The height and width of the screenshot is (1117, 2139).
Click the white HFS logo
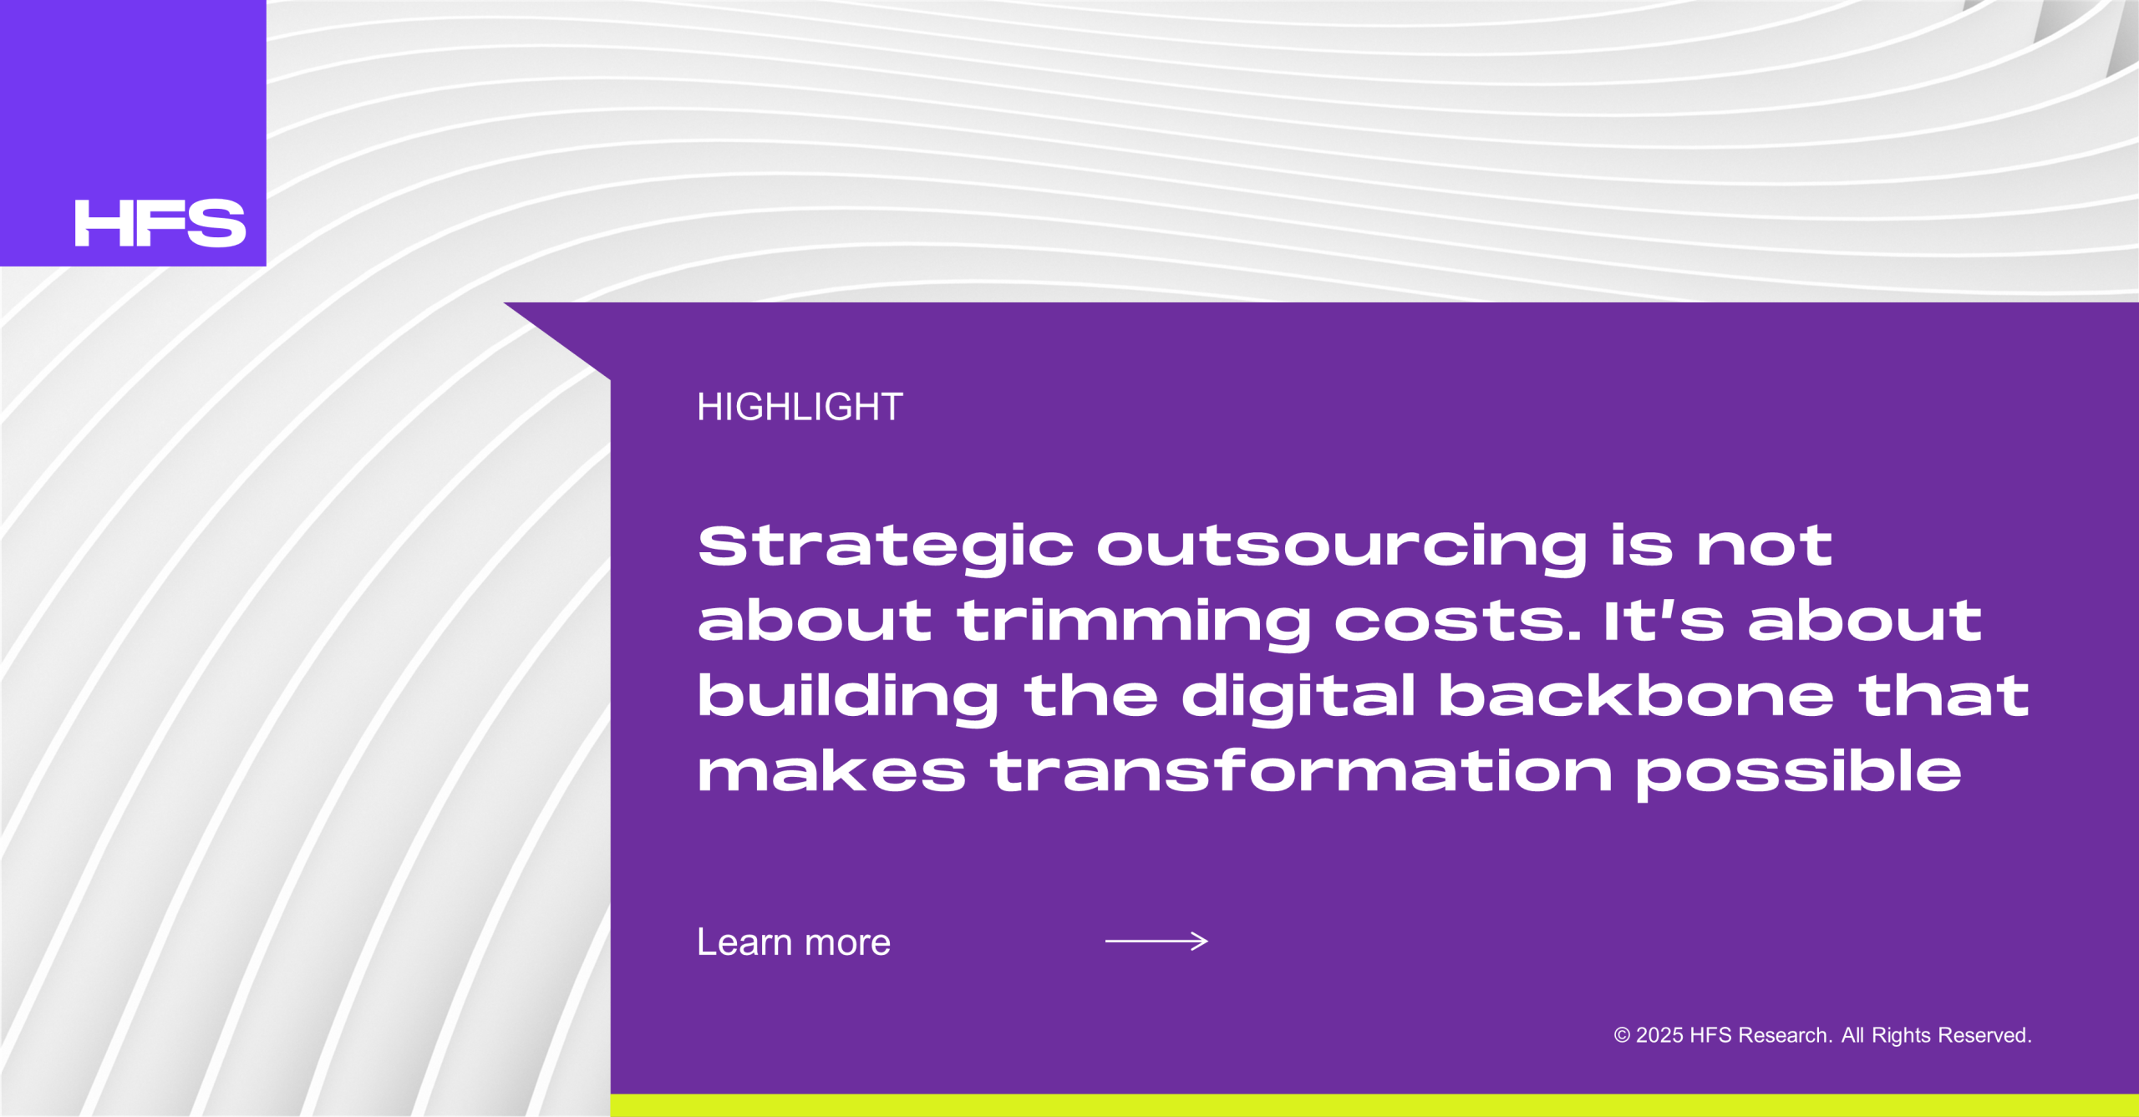pos(160,223)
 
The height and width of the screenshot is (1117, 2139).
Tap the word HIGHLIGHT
pos(800,407)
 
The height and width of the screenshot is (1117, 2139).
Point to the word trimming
pos(1135,623)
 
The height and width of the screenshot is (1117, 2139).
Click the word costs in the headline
pos(1457,622)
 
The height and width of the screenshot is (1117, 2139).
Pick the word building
pos(848,698)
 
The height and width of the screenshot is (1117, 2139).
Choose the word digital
pos(1298,698)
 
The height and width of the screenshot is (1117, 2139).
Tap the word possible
pos(1798,774)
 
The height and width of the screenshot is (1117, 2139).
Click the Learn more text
pos(794,942)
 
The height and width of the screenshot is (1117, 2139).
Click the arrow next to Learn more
pos(1156,942)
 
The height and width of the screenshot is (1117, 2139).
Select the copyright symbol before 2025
pos(1622,1036)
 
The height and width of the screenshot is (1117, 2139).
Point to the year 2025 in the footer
pos(1659,1036)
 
